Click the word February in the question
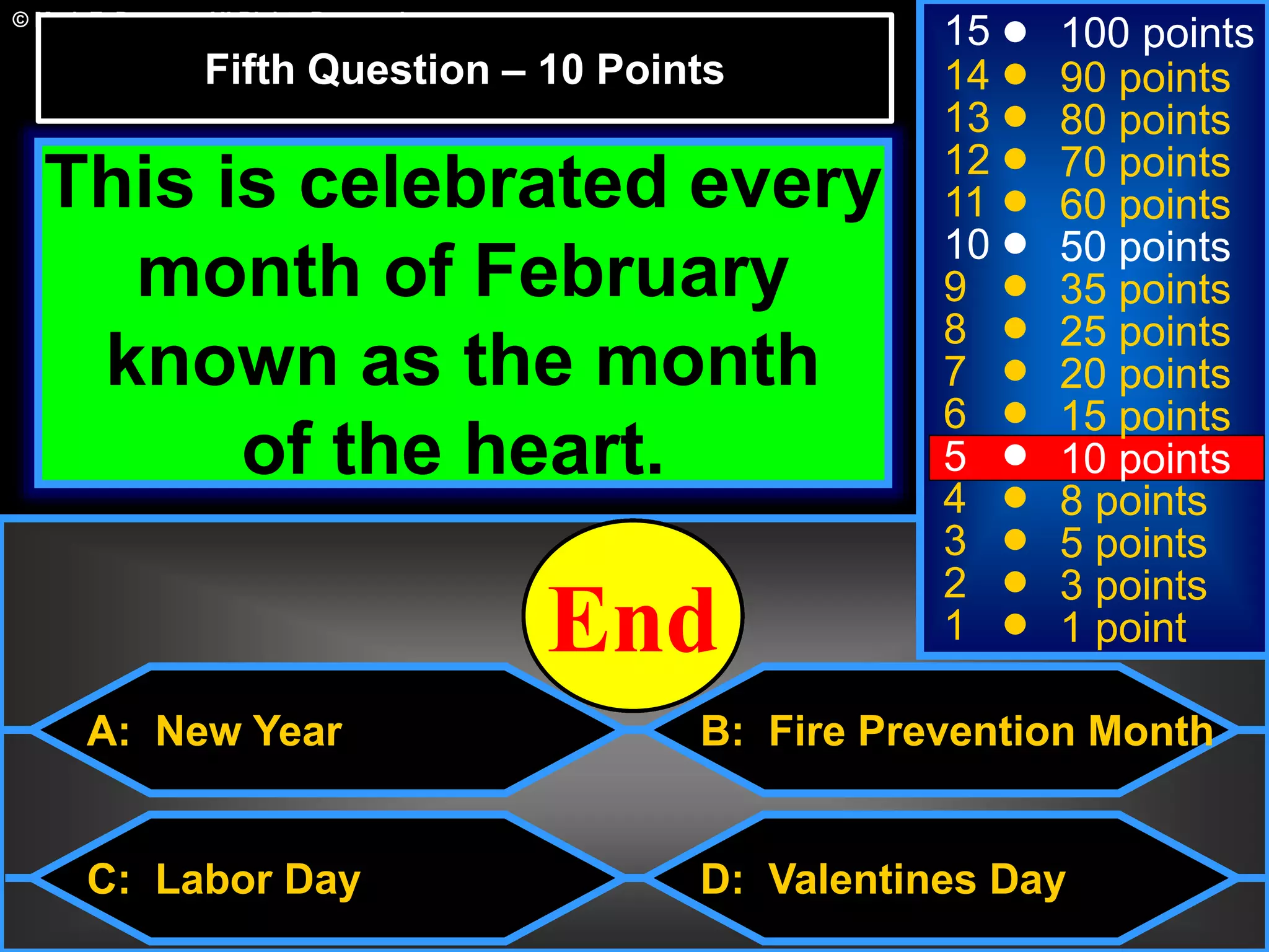[631, 273]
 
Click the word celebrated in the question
[483, 183]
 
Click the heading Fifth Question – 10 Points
[465, 69]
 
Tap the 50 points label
[1145, 247]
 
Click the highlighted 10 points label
[1145, 459]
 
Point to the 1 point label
[1123, 627]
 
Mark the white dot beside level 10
[1015, 244]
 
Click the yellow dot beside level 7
[1015, 371]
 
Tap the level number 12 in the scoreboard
[967, 159]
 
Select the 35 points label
[1145, 289]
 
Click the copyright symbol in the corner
[20, 20]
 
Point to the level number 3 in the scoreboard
[955, 541]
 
